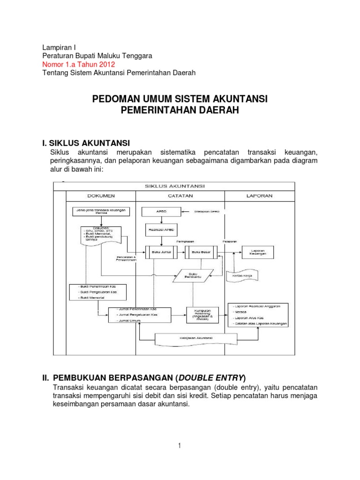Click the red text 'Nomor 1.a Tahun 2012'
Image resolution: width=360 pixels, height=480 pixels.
click(x=78, y=64)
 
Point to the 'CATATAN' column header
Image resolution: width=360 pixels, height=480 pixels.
click(x=180, y=195)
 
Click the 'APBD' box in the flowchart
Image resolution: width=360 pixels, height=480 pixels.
click(x=161, y=212)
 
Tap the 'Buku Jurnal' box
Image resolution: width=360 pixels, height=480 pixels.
click(x=162, y=252)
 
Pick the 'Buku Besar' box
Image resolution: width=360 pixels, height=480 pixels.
click(x=202, y=252)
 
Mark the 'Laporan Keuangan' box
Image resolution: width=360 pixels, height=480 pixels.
click(x=258, y=252)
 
